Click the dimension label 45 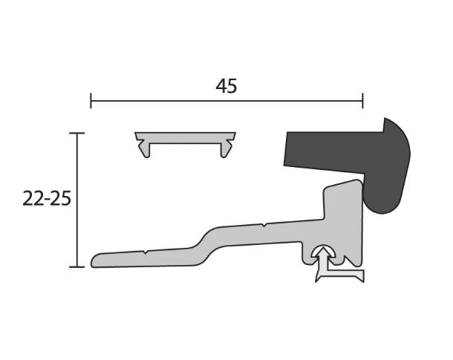pyautogui.click(x=226, y=86)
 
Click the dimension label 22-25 pyautogui.click(x=47, y=199)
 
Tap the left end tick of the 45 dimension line pyautogui.click(x=91, y=101)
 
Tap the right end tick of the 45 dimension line pyautogui.click(x=362, y=101)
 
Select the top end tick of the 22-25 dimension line pyautogui.click(x=76, y=133)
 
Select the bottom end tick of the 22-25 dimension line pyautogui.click(x=76, y=267)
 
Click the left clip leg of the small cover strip pyautogui.click(x=145, y=148)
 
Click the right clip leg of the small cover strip pyautogui.click(x=226, y=148)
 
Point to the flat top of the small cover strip pyautogui.click(x=185, y=137)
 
